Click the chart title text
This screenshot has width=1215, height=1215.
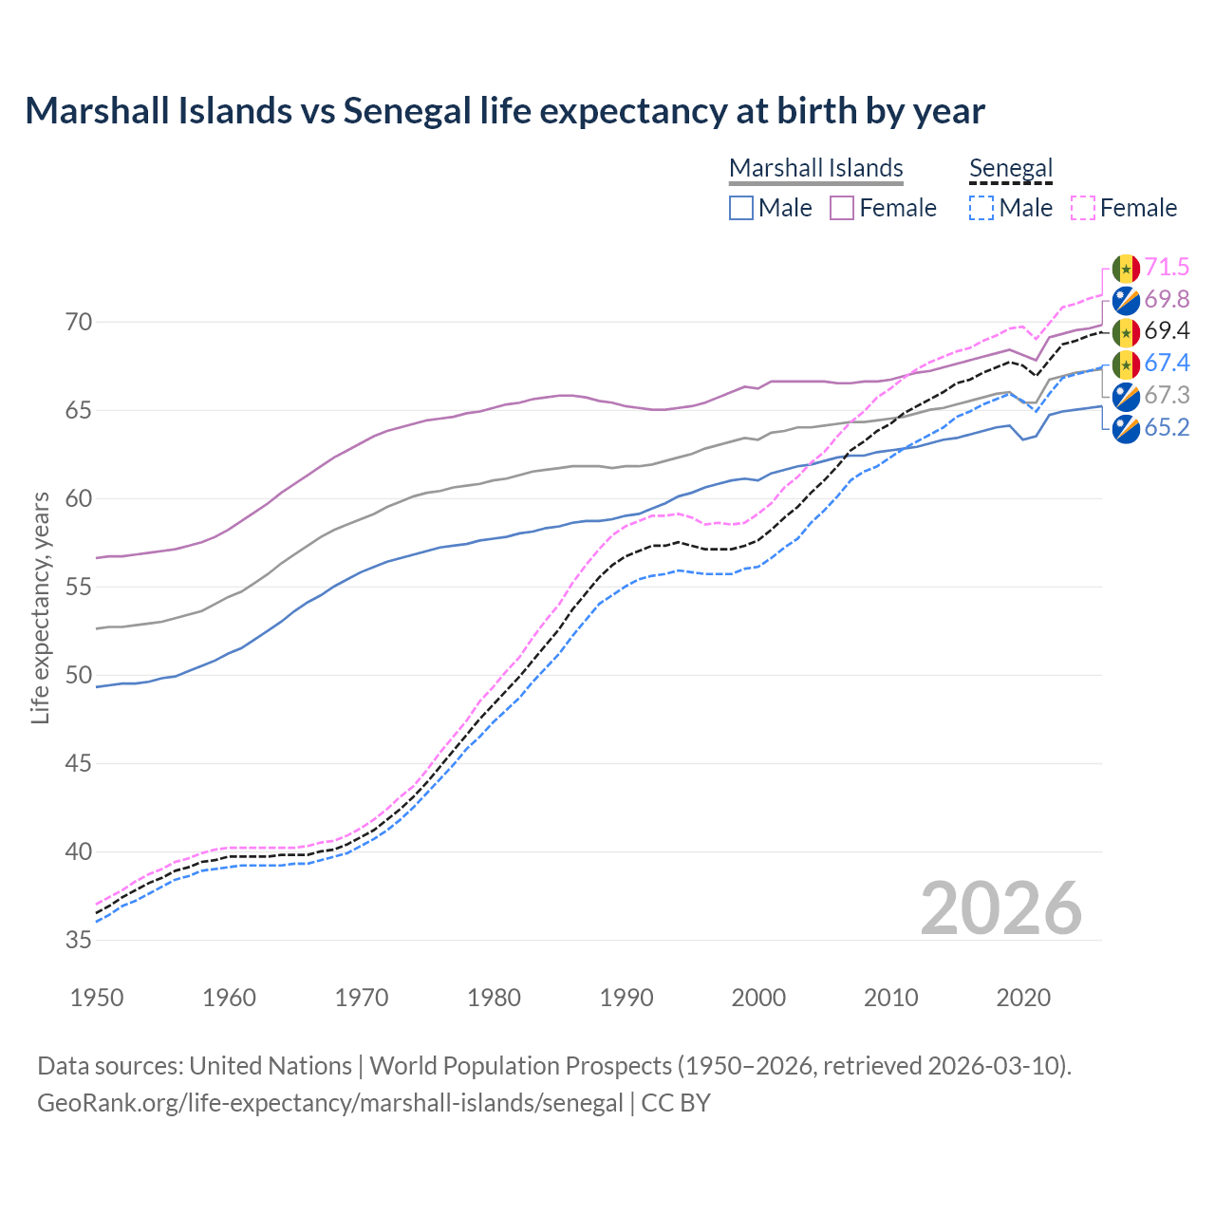tap(505, 111)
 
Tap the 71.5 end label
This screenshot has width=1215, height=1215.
tap(1167, 268)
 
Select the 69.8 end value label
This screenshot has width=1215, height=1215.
tap(1167, 299)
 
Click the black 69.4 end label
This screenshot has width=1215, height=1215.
tap(1167, 331)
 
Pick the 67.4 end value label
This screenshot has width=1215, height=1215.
tap(1167, 364)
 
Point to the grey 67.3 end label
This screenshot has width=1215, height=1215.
tap(1167, 396)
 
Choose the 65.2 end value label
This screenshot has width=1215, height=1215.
tap(1167, 427)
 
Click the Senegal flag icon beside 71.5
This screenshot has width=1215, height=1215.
tap(1126, 269)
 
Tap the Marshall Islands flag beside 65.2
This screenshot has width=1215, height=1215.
tap(1126, 429)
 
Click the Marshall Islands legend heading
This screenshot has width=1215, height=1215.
tap(815, 168)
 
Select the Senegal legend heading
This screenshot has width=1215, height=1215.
tap(1011, 168)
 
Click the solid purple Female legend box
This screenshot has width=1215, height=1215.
tap(842, 208)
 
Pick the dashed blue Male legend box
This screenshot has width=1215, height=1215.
tap(981, 208)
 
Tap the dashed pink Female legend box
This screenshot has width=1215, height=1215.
tap(1083, 208)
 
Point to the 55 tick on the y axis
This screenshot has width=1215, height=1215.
tap(79, 588)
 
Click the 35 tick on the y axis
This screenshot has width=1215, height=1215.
tap(79, 941)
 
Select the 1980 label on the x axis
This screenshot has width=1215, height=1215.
tap(494, 998)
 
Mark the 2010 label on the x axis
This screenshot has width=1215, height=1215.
tap(890, 998)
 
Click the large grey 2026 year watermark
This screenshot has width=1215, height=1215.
tap(1000, 908)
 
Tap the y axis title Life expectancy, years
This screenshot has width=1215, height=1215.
tap(41, 607)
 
